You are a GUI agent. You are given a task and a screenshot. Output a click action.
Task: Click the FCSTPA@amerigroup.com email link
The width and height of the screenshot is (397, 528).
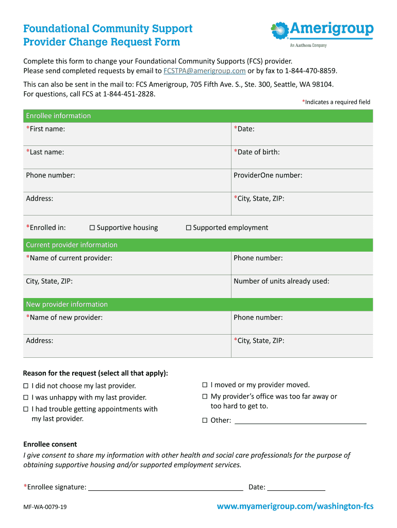(x=204, y=71)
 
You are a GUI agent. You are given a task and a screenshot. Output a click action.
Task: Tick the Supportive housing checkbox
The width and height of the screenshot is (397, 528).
(x=92, y=228)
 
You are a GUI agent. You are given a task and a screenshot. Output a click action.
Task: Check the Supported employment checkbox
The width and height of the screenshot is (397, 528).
(x=189, y=228)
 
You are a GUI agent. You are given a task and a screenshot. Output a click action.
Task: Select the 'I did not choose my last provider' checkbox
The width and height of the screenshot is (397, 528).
(x=26, y=386)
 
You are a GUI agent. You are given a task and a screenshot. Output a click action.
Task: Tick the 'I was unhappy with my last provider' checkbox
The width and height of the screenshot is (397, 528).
(x=26, y=398)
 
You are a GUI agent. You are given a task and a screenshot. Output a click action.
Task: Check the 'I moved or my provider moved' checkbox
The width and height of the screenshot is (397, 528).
(x=205, y=385)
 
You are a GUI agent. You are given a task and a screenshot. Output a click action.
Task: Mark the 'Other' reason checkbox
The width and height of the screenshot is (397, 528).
(x=205, y=420)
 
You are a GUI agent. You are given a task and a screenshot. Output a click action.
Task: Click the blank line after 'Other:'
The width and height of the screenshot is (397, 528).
(x=300, y=420)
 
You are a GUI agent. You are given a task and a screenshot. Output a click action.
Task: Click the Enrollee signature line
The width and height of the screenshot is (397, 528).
(x=166, y=487)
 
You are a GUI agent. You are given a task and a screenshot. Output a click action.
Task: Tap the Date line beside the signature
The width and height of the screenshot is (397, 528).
(x=296, y=487)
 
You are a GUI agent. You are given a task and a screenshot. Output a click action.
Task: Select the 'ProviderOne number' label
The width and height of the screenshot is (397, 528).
(x=268, y=175)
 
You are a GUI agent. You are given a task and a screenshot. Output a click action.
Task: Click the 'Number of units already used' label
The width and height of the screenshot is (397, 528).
(x=281, y=282)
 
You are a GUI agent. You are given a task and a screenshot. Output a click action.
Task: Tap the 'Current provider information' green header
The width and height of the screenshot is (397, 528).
(x=72, y=245)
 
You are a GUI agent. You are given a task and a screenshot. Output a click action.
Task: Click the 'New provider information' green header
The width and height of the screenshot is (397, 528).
(x=67, y=304)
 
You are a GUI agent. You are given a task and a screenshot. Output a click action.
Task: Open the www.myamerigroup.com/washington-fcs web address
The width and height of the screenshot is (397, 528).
(x=295, y=506)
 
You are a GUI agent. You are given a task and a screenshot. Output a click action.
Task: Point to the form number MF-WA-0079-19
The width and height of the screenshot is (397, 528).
(x=45, y=507)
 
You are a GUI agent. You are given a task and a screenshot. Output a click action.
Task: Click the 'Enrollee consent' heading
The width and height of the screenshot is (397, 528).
(x=50, y=444)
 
